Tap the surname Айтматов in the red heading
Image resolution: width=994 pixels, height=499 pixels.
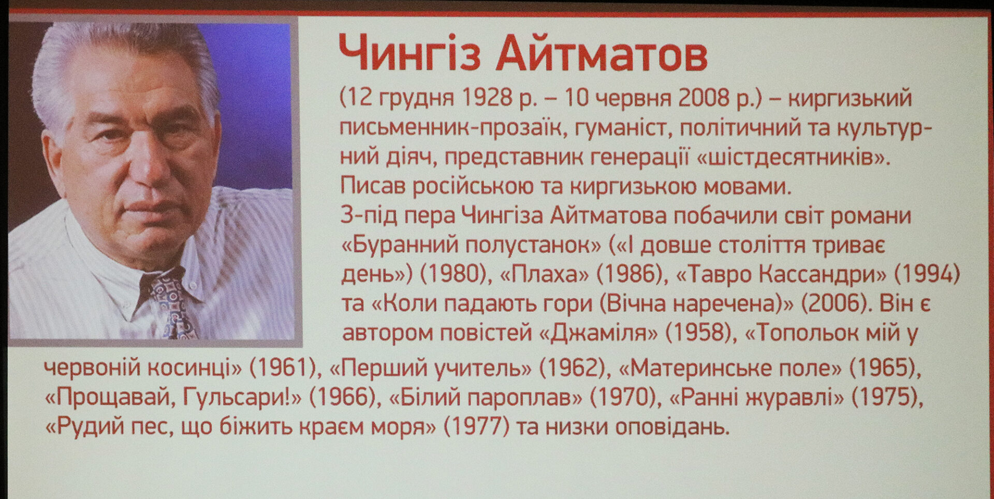point(601,53)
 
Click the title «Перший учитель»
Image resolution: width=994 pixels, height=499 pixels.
point(431,368)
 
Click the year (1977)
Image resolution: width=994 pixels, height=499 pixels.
point(477,427)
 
